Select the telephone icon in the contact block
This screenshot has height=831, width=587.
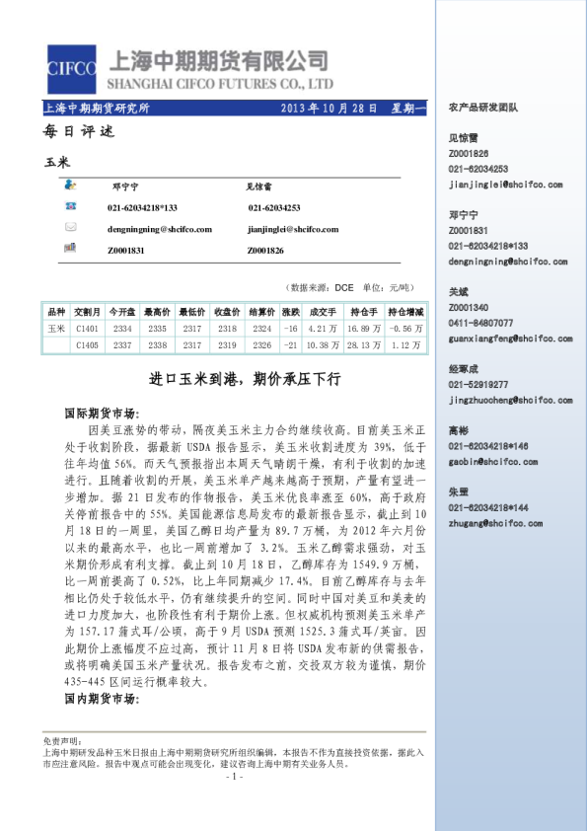point(71,206)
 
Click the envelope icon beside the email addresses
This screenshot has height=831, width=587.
point(71,227)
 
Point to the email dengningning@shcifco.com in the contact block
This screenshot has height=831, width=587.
point(160,229)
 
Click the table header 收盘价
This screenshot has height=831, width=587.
point(228,312)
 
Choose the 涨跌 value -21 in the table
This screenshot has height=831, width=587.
point(291,345)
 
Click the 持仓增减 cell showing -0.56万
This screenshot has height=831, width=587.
point(406,328)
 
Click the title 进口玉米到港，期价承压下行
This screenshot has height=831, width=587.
point(244,378)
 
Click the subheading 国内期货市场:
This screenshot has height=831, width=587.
point(100,699)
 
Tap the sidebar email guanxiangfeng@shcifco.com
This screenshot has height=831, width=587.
point(505,337)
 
